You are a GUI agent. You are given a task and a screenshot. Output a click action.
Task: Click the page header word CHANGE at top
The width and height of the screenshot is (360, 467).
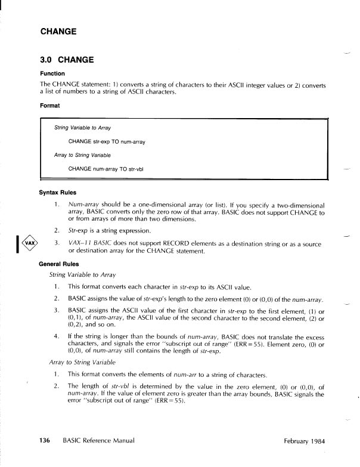point(58,31)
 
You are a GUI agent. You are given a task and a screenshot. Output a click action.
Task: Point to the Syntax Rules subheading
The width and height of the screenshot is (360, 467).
point(58,193)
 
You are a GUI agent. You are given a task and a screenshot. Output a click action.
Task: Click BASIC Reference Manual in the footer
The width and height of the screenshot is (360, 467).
point(99,440)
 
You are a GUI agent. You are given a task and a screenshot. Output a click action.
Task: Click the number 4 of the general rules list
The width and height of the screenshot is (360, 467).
point(55,336)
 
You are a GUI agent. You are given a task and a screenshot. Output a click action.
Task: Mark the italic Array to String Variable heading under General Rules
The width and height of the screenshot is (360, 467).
point(82,362)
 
